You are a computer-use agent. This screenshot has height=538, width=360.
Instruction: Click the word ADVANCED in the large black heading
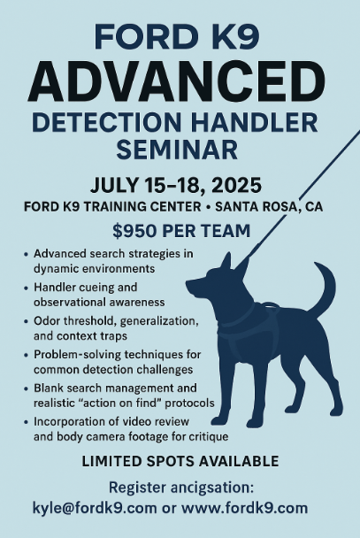(177, 82)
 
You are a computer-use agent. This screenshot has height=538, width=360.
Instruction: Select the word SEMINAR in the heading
(177, 150)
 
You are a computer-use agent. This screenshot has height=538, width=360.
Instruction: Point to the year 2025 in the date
(236, 185)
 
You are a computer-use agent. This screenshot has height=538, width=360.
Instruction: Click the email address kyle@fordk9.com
(95, 508)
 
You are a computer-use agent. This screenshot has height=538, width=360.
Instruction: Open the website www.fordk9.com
(244, 508)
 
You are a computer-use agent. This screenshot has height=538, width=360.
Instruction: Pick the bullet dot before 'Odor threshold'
(27, 321)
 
